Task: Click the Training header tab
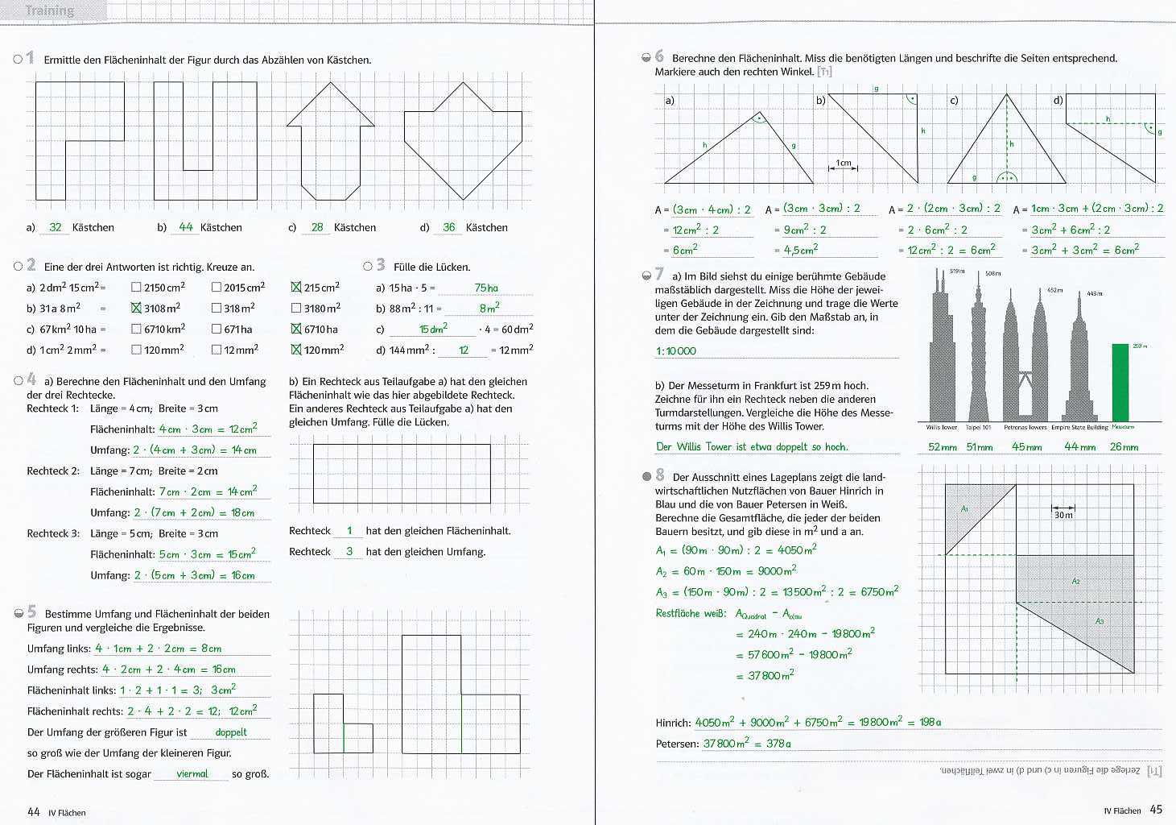(x=50, y=10)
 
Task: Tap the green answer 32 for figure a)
(x=55, y=227)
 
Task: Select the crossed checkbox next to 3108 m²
(x=136, y=308)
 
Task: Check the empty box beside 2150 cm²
(x=136, y=287)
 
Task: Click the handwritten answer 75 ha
(x=486, y=288)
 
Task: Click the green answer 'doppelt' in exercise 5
(x=231, y=732)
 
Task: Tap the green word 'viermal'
(x=192, y=773)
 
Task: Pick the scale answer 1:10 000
(x=676, y=351)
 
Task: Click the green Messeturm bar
(x=1120, y=383)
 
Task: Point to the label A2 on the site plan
(x=1076, y=581)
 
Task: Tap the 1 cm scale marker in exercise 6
(x=843, y=164)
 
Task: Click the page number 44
(x=34, y=811)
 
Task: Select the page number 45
(x=1156, y=810)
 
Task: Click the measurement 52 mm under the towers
(x=939, y=446)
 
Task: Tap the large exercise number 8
(x=660, y=475)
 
